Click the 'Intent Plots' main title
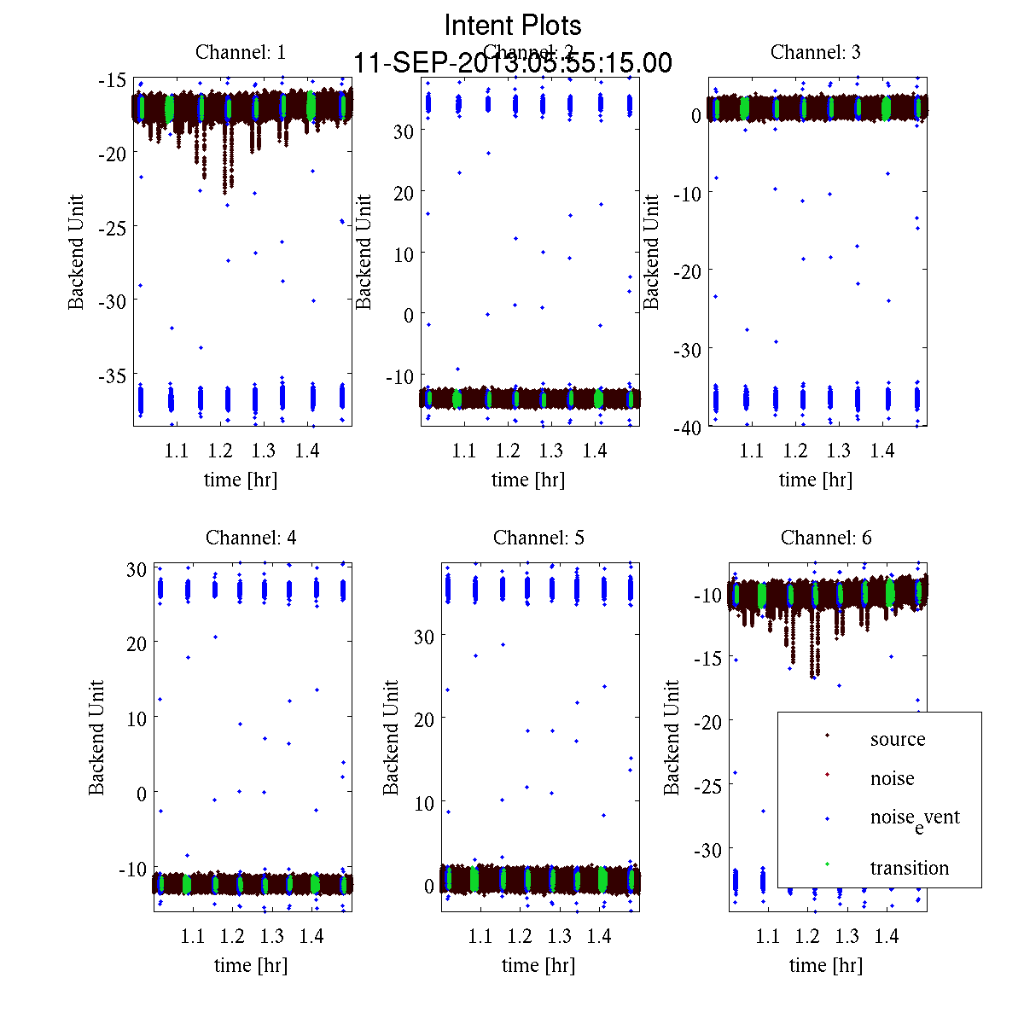[x=513, y=26]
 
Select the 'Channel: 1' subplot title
[x=241, y=52]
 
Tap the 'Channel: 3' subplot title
[x=815, y=52]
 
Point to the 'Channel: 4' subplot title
[x=251, y=538]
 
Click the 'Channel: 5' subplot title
[x=538, y=538]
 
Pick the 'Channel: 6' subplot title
[x=826, y=538]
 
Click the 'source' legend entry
[x=897, y=739]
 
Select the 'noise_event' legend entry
[x=914, y=817]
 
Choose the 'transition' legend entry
[x=909, y=868]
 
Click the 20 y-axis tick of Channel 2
[x=403, y=193]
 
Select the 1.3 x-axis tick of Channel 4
[x=272, y=936]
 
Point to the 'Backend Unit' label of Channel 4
[x=96, y=738]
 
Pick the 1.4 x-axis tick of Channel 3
[x=881, y=451]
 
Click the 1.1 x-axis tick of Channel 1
[x=176, y=451]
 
